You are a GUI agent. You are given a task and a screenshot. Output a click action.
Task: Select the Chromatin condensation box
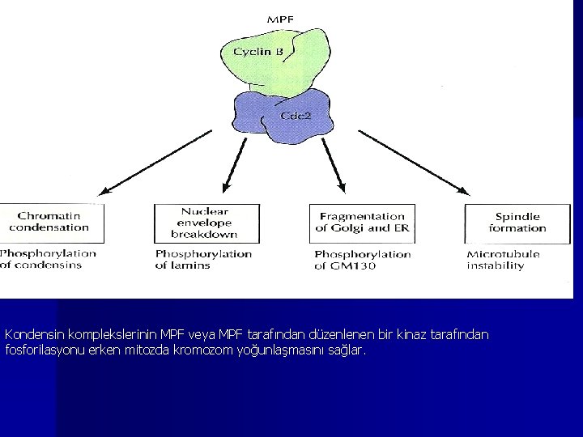51,223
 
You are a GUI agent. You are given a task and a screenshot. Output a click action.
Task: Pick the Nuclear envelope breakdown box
206,223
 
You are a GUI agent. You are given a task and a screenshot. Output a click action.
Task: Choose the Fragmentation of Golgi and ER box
362,223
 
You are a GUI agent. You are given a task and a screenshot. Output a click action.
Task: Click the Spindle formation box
517,223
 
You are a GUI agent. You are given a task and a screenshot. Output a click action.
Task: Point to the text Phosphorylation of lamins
203,259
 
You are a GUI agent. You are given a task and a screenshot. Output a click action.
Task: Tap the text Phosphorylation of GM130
362,260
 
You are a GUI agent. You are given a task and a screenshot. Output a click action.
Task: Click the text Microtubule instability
503,260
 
